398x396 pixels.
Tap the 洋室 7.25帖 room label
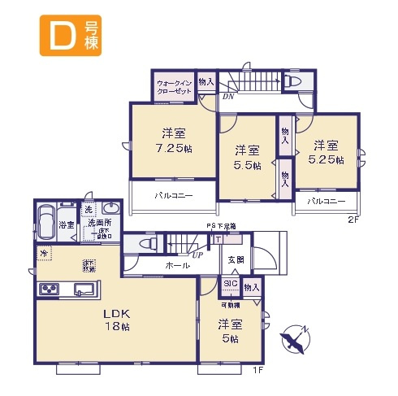click(x=174, y=140)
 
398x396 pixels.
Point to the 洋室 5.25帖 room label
click(x=327, y=152)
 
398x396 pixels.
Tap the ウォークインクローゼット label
click(x=174, y=86)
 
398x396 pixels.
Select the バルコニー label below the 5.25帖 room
click(x=326, y=202)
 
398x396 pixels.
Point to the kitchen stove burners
click(x=47, y=289)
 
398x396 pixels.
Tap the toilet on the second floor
click(x=292, y=82)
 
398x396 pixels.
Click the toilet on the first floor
click(x=144, y=243)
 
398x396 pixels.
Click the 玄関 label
click(x=236, y=259)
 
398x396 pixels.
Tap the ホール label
click(x=178, y=265)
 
